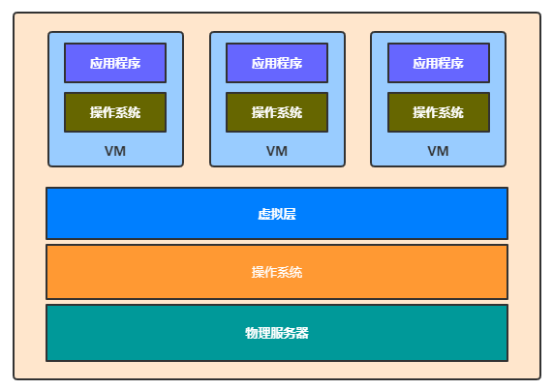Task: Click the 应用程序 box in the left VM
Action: (x=115, y=63)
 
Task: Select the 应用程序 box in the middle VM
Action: (x=277, y=63)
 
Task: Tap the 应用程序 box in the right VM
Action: (x=438, y=63)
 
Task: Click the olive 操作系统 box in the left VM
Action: (x=115, y=112)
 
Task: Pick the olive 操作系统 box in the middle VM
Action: (x=277, y=112)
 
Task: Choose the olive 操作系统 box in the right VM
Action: (x=438, y=112)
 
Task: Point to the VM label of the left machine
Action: (x=115, y=151)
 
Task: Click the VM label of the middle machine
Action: (x=277, y=151)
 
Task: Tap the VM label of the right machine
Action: (x=438, y=151)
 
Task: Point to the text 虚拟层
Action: (x=277, y=214)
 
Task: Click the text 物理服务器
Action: (x=277, y=333)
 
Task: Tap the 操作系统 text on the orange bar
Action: (x=277, y=272)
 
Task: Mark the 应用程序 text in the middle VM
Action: (x=277, y=63)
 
